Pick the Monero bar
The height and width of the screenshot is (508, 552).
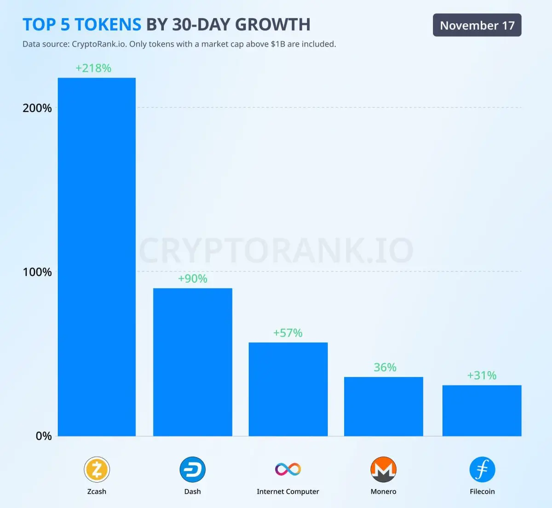point(383,406)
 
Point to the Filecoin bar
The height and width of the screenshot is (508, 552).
point(482,411)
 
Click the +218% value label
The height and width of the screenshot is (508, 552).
point(93,68)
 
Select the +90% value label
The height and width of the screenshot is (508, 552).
point(192,279)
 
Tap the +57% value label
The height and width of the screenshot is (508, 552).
point(288,333)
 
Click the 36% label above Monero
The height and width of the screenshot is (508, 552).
point(385,367)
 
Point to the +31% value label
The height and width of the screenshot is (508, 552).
point(482,376)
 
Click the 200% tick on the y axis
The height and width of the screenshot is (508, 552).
point(37,108)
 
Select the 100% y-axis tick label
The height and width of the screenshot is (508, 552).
point(37,272)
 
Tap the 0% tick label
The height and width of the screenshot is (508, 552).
point(44,436)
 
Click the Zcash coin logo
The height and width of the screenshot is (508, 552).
point(97,469)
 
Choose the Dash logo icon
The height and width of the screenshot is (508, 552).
point(192,469)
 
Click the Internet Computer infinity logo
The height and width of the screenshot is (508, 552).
point(288,469)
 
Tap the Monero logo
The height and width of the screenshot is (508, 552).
point(383,469)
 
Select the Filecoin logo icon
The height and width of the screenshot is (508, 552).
point(482,469)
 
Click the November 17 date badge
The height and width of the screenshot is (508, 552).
point(477,25)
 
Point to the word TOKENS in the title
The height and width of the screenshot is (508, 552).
point(108,24)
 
